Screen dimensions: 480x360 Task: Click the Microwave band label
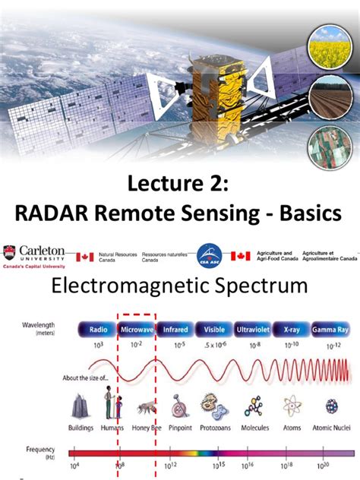tap(135, 331)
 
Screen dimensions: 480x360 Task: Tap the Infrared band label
tap(175, 331)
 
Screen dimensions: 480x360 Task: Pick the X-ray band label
tap(292, 331)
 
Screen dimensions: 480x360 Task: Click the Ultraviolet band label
tap(252, 331)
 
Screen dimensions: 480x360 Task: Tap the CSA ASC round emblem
tap(209, 257)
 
